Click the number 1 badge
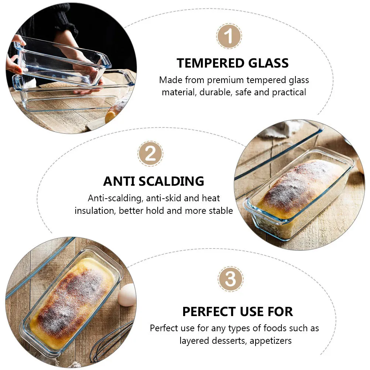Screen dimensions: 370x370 pos(229,37)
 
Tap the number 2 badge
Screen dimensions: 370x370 pos(150,154)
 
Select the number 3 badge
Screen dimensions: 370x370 pos(230,279)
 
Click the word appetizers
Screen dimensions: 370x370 pos(271,340)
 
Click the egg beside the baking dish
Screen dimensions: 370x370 pos(127,295)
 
